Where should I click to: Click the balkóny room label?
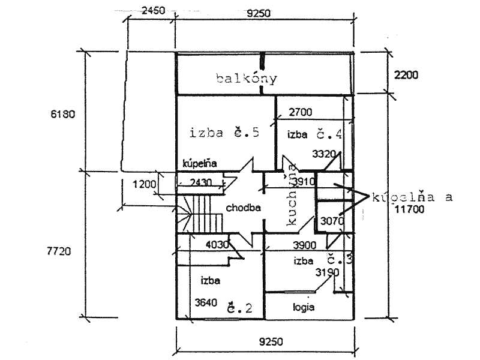[247, 79]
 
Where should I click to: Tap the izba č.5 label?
[223, 133]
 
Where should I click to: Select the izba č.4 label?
[314, 134]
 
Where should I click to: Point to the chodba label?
[242, 208]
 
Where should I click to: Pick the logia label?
[304, 307]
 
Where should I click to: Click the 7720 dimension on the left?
[59, 252]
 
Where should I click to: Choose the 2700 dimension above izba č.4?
[301, 112]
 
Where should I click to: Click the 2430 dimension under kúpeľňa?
[200, 182]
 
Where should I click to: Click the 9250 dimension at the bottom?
[271, 341]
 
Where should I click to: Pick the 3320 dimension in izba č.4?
[324, 154]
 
